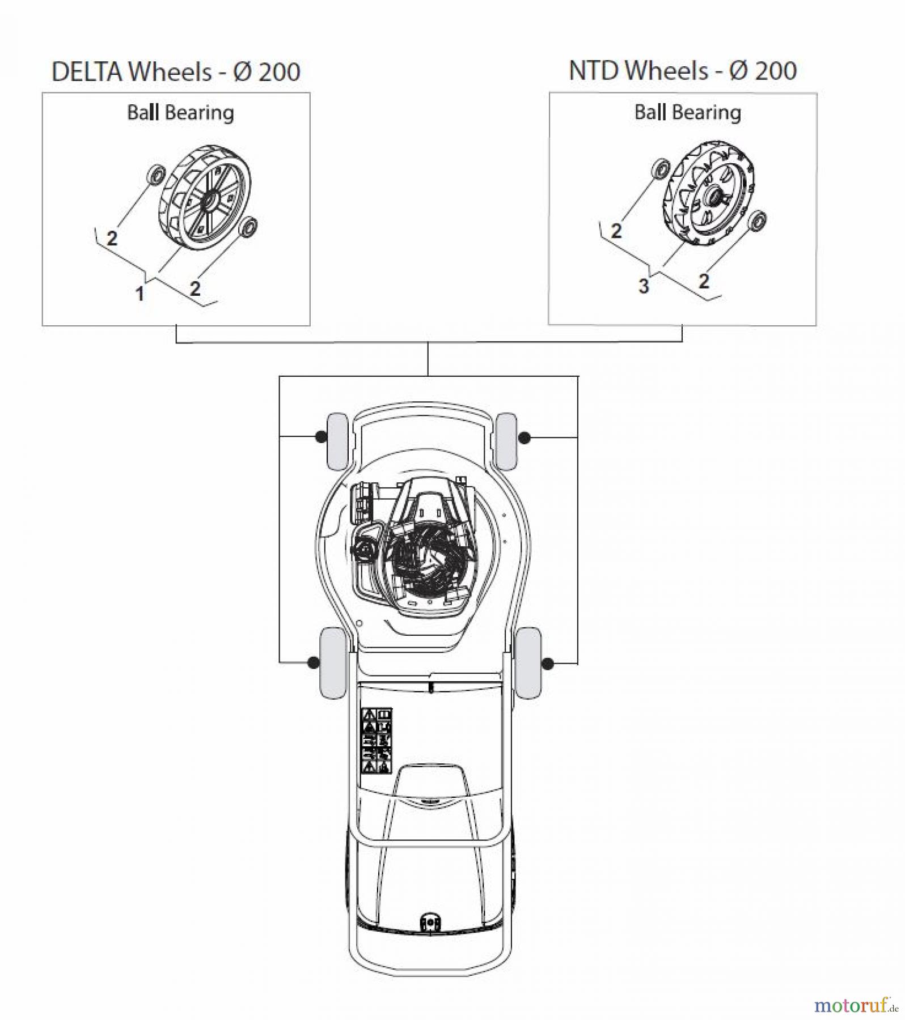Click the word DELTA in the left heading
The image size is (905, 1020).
[x=86, y=72]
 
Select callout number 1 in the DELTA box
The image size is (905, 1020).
[x=139, y=294]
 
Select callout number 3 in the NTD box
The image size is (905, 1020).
[x=643, y=286]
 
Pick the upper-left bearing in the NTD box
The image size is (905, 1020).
[x=660, y=168]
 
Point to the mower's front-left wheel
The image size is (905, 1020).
[x=338, y=441]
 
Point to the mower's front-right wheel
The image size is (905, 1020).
[x=506, y=441]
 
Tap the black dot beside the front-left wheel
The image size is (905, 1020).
[x=320, y=437]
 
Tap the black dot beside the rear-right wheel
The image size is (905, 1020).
[x=548, y=662]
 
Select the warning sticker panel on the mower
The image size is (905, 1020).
[x=377, y=741]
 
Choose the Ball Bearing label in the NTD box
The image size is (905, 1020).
[x=687, y=112]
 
